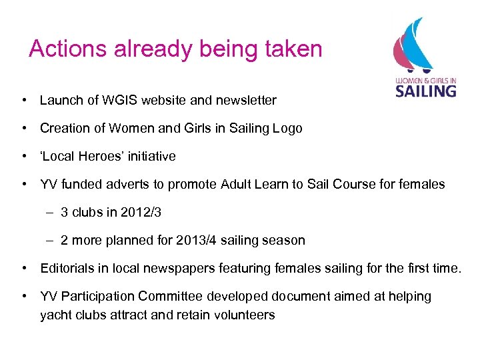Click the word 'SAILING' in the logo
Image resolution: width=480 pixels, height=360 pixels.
[x=425, y=91]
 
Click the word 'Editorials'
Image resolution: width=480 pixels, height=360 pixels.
[x=69, y=269]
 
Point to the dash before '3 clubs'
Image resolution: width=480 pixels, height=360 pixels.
[x=51, y=213]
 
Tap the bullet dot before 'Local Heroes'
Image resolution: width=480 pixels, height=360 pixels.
[x=24, y=157]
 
